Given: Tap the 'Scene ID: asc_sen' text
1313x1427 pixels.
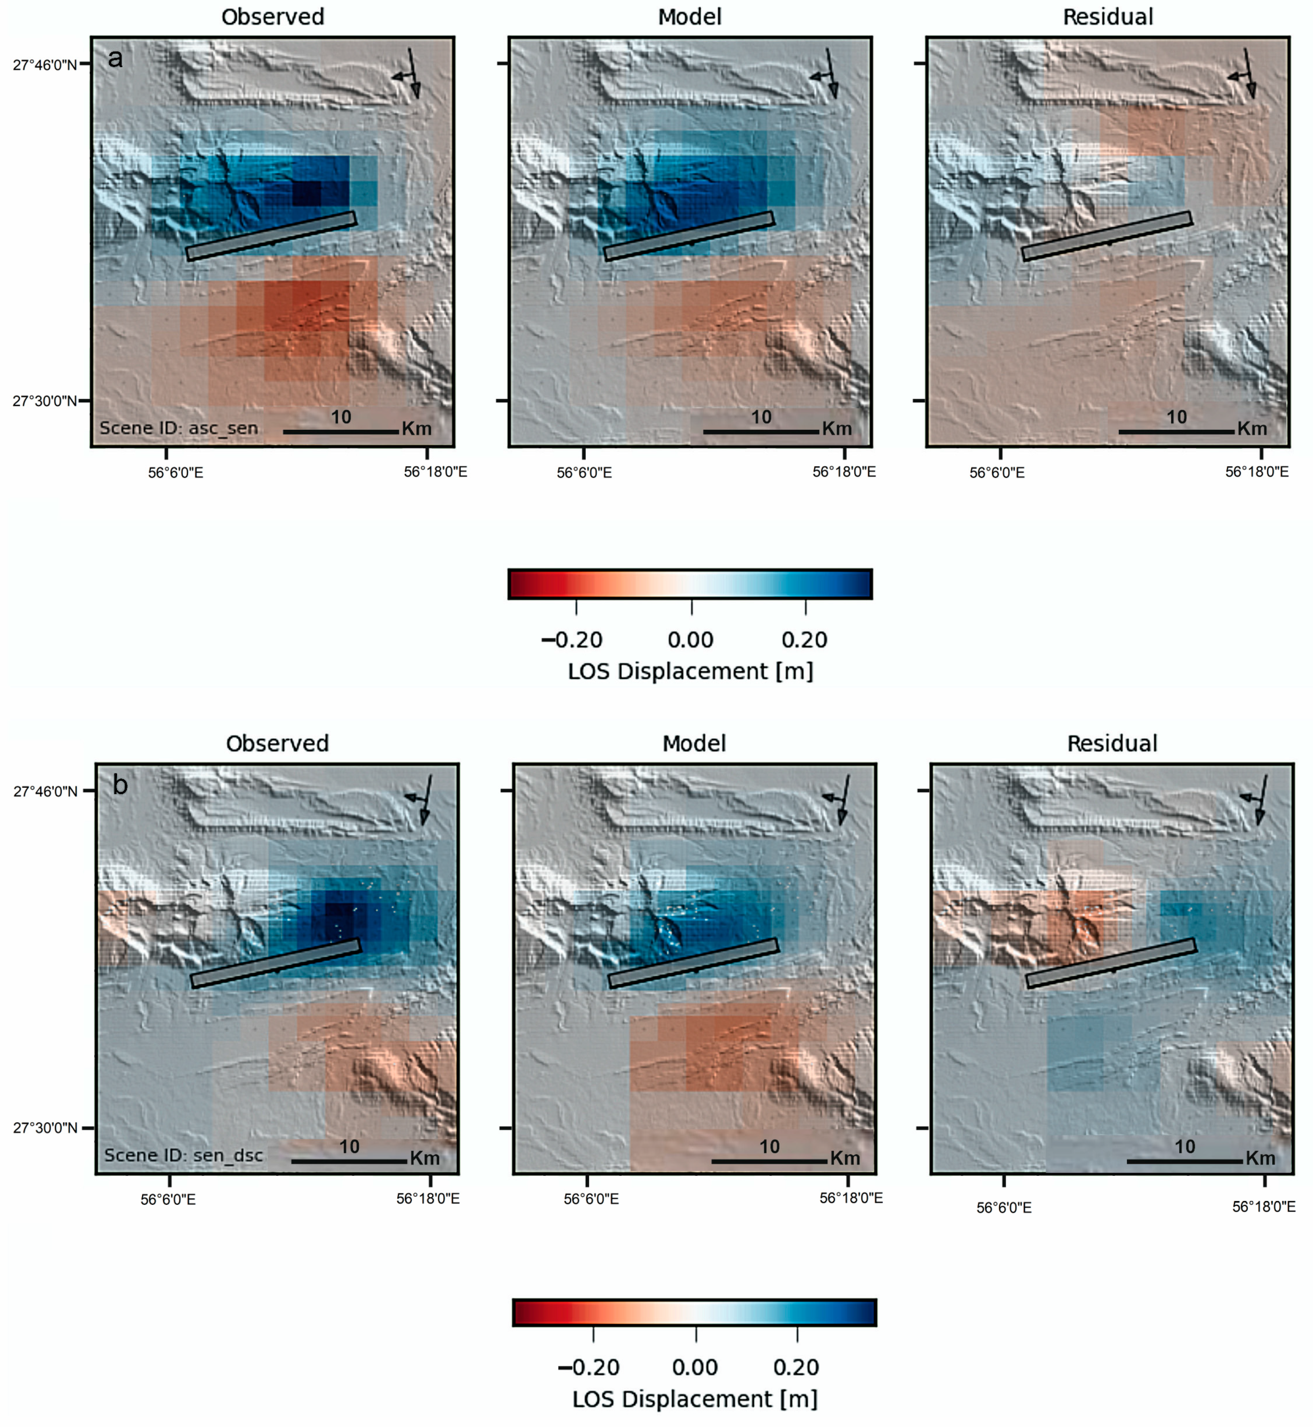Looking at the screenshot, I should click(178, 428).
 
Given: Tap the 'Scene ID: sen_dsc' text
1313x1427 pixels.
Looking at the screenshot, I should click(183, 1156).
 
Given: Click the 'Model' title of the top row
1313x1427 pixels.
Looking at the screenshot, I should click(689, 17).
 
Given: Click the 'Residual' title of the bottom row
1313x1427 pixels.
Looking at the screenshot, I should click(1112, 743).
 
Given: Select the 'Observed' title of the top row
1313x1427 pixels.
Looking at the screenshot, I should click(273, 17).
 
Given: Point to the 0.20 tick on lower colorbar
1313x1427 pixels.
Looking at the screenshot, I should click(797, 1334).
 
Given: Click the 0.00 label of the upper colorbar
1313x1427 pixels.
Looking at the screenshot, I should click(691, 640).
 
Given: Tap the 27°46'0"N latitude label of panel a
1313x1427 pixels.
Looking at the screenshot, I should click(45, 65).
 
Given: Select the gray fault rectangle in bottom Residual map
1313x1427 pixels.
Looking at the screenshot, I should click(1111, 963).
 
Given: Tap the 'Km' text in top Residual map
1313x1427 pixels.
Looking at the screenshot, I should click(1252, 429).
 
